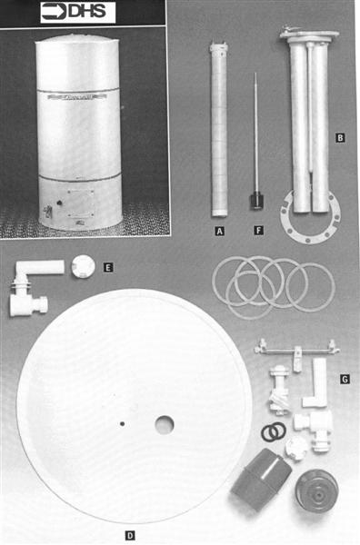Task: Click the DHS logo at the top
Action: [78, 13]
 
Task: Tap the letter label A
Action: [219, 231]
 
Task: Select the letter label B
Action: [340, 138]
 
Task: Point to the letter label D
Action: [130, 536]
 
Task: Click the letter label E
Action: [108, 268]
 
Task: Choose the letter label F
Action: [258, 231]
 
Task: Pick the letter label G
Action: [345, 379]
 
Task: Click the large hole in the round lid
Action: [165, 425]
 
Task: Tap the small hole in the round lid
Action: [122, 423]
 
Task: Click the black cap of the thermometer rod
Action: [256, 202]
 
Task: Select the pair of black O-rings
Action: [274, 432]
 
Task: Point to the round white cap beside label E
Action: [83, 266]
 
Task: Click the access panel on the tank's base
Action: [81, 203]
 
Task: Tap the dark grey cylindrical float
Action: [261, 480]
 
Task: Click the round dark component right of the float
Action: [316, 491]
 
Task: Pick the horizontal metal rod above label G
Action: [296, 351]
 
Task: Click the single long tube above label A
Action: [219, 129]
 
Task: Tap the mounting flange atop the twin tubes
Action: [309, 35]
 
